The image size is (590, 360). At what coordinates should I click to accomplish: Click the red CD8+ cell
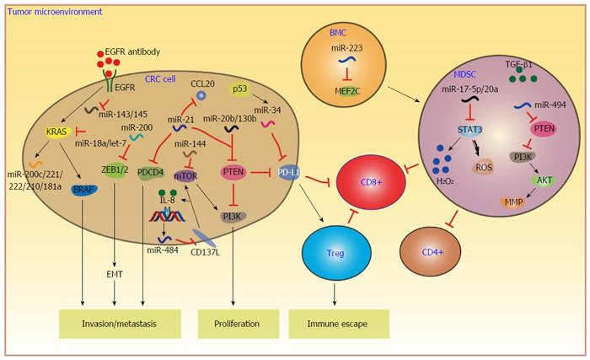click(371, 183)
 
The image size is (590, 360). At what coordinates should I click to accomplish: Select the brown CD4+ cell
click(430, 252)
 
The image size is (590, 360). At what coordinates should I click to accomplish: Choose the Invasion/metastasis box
click(119, 324)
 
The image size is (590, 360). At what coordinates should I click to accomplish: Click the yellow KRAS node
click(56, 132)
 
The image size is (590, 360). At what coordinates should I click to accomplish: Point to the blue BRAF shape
click(83, 190)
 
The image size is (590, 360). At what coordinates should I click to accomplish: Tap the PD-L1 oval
click(289, 173)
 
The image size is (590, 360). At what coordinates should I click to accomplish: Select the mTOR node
click(185, 176)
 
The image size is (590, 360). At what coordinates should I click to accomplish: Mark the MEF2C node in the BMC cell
click(347, 91)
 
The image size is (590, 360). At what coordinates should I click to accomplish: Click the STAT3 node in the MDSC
click(470, 130)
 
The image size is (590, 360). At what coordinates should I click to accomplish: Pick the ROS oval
click(484, 167)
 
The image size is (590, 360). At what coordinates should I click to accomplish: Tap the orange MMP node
click(513, 202)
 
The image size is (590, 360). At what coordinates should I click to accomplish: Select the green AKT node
click(544, 180)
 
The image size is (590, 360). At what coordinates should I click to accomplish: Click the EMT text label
click(115, 275)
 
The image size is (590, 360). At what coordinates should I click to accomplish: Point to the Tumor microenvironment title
click(55, 12)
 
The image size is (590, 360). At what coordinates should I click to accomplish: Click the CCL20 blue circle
click(202, 95)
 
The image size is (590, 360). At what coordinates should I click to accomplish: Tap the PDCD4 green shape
click(151, 173)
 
